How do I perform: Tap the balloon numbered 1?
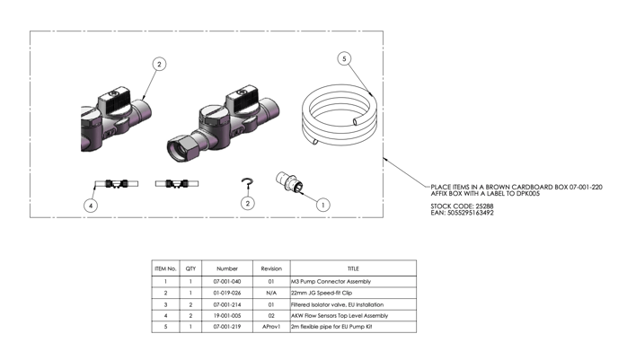click(323, 205)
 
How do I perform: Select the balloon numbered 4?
click(91, 205)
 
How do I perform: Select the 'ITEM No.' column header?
click(165, 268)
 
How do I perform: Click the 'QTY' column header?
click(190, 268)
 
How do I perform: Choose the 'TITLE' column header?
click(352, 268)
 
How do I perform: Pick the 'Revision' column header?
click(271, 268)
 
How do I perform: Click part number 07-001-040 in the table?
click(227, 281)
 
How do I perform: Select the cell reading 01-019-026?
click(227, 293)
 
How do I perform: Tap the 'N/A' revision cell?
click(271, 293)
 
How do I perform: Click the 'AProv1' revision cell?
click(271, 327)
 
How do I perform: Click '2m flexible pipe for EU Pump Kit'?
click(331, 327)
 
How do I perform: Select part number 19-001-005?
click(227, 315)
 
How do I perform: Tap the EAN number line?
click(462, 213)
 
